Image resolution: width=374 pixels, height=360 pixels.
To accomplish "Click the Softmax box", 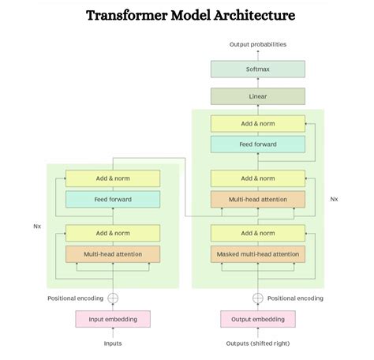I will point(257,69).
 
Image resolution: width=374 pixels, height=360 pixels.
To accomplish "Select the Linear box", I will point(257,96).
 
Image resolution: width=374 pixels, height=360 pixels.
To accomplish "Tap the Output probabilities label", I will point(257,44).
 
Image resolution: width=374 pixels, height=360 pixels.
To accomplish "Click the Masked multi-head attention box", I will point(257,254).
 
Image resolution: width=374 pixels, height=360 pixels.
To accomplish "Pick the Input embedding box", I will point(113,319).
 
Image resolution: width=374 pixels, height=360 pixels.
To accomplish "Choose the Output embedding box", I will point(257,319).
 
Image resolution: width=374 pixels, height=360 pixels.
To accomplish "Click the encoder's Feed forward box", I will point(113,199).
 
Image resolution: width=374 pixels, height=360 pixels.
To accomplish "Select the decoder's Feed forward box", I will point(257,144).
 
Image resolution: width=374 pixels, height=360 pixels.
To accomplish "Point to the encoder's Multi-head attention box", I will point(113,254).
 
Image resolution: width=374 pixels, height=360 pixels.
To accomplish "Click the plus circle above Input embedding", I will point(113,298).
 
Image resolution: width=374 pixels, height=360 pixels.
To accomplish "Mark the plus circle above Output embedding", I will point(257,298).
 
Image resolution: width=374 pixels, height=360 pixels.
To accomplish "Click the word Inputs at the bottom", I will point(113,343).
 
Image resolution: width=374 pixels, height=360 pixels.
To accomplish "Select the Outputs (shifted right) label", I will point(257,343).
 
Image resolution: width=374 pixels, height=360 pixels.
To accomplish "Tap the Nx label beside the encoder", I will point(36,226).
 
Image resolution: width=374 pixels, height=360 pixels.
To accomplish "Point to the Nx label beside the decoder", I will point(335,199).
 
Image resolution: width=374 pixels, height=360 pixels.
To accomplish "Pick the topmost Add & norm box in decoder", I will point(257,123).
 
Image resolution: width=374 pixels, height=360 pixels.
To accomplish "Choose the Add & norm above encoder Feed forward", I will point(113,178).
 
